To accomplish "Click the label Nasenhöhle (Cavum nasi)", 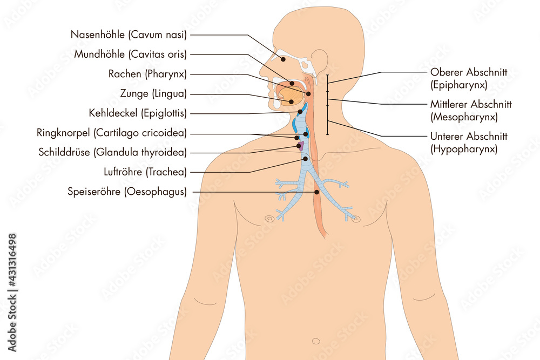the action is click(129, 35).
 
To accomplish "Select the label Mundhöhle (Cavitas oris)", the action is click(130, 54).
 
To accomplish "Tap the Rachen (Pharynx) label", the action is click(147, 73).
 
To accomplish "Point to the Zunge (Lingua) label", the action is click(153, 93).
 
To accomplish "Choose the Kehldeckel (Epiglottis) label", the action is click(138, 113).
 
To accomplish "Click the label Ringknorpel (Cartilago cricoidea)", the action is click(112, 133).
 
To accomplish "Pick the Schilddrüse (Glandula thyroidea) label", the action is click(113, 152).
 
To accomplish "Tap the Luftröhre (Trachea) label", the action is click(145, 172).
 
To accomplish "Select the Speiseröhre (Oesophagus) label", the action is click(127, 192).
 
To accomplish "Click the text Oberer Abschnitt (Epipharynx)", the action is click(469, 78).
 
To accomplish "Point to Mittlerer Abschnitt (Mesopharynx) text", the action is click(471, 111).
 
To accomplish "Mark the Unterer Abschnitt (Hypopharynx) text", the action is click(469, 142).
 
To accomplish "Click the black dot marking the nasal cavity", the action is click(283, 59).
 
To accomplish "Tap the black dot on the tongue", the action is click(291, 101).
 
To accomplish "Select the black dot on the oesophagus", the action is click(316, 192).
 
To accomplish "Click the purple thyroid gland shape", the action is click(301, 146).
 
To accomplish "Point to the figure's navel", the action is click(316, 342).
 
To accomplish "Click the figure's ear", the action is click(320, 60).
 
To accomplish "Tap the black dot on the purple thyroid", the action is click(299, 146).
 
